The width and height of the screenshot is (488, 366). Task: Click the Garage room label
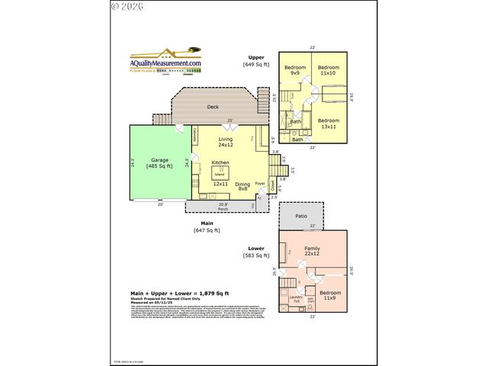click(159, 162)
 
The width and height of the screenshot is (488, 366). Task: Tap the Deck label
click(213, 107)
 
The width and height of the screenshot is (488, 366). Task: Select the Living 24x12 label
click(225, 142)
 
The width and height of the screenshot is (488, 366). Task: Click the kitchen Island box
click(219, 174)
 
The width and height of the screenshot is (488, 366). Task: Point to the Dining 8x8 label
click(242, 186)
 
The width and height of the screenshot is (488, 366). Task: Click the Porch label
click(223, 208)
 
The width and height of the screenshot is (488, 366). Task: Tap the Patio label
click(301, 217)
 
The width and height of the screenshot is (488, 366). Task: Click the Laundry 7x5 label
click(297, 300)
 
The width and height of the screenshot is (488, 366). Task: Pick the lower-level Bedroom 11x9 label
click(330, 295)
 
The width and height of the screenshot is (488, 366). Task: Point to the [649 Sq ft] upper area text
click(257, 66)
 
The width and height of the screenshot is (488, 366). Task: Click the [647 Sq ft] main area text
click(207, 230)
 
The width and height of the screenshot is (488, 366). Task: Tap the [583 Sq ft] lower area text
click(257, 255)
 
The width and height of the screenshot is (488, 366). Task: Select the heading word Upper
click(256, 57)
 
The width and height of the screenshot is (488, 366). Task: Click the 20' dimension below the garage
click(160, 204)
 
